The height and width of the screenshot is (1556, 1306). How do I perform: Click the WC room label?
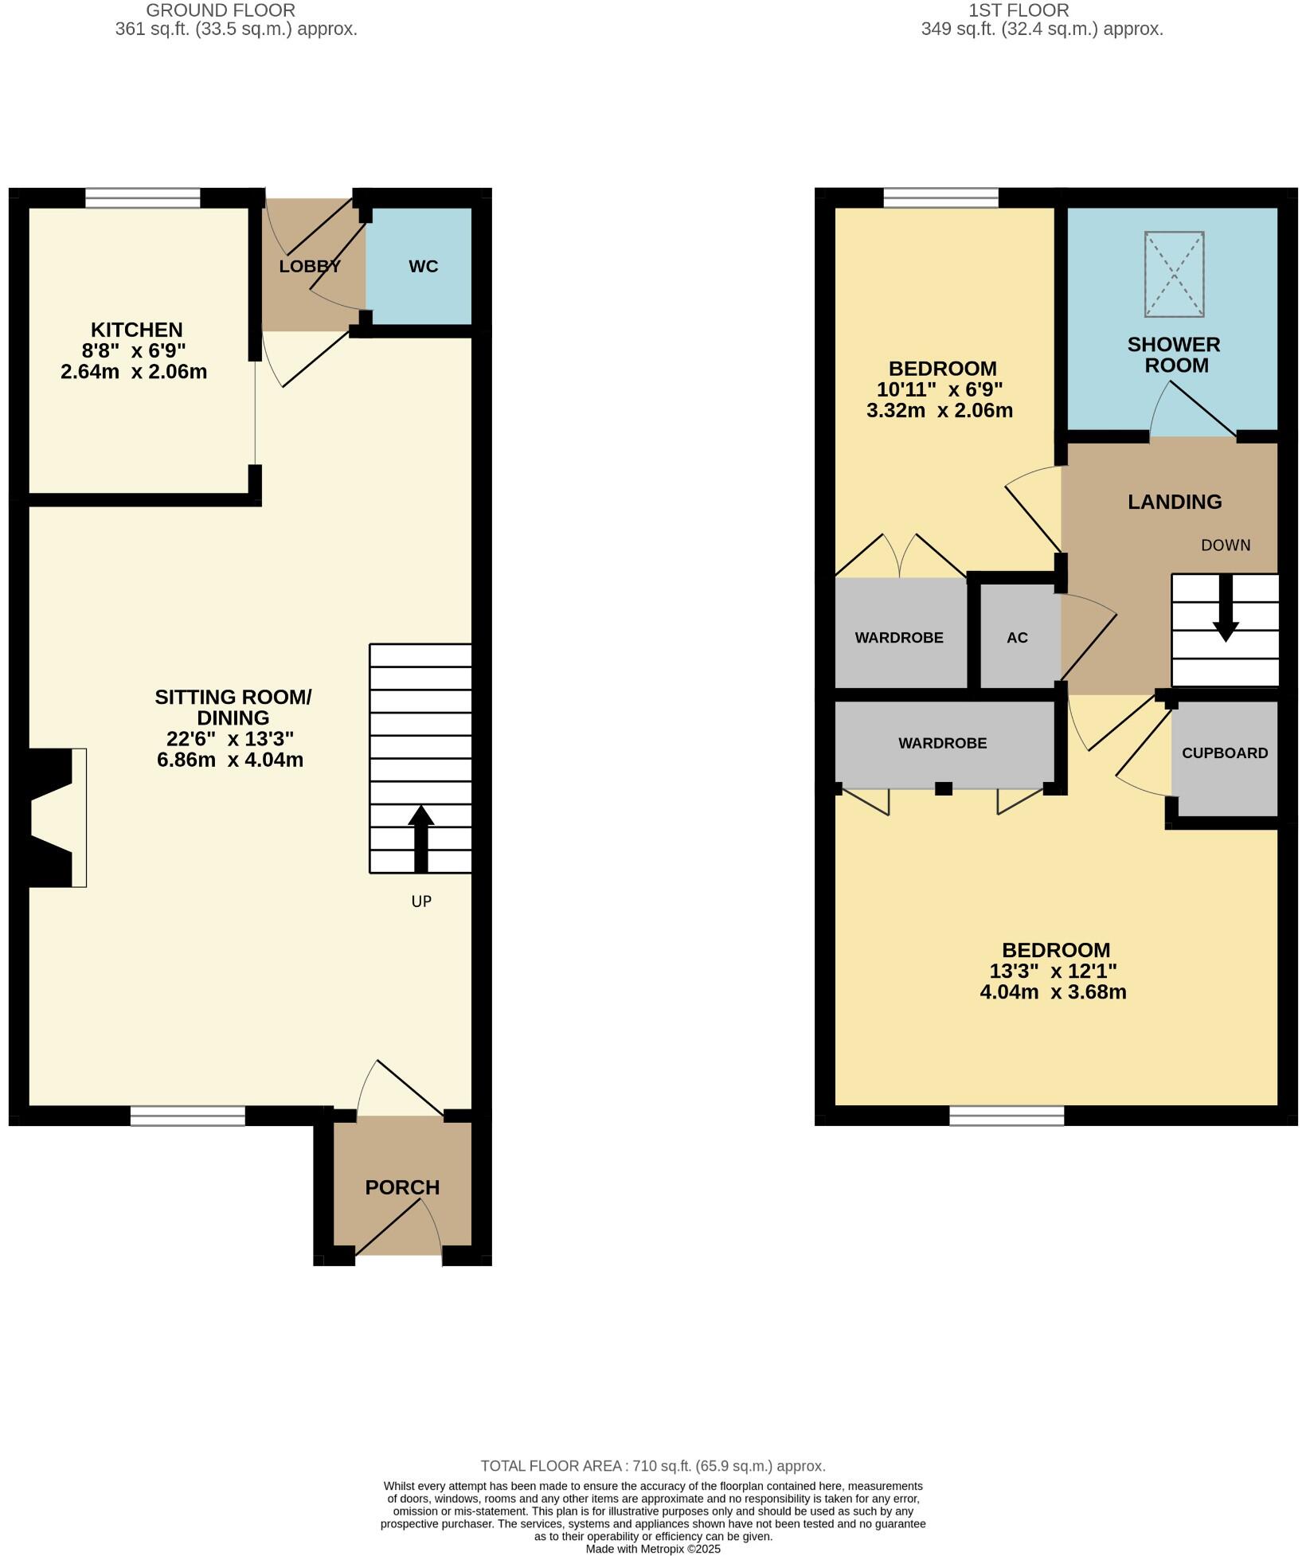tap(423, 267)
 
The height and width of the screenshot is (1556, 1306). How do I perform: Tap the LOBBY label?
tap(310, 267)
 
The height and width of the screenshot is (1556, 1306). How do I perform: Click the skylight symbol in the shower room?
tap(1174, 274)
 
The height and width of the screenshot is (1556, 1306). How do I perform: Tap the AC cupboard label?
tap(1017, 638)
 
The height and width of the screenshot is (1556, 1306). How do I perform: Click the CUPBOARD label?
tap(1225, 753)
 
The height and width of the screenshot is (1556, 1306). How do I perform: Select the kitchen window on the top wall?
tap(143, 197)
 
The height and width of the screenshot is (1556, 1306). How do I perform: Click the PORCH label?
tap(402, 1187)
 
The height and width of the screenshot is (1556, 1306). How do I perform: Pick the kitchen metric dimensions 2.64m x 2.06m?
tap(134, 372)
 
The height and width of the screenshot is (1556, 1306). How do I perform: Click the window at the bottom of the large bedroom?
tap(1007, 1116)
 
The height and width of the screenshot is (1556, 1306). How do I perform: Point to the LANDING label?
tap(1175, 502)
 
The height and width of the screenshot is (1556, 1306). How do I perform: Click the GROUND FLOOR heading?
tap(221, 10)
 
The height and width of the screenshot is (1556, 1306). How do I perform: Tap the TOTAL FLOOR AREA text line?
tap(653, 1466)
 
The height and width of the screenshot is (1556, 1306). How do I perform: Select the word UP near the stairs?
tap(421, 901)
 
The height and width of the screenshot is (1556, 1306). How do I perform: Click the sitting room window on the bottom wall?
tap(188, 1116)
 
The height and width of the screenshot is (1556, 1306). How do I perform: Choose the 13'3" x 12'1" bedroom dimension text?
tap(1053, 972)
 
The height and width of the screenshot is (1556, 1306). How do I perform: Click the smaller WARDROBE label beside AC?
tap(899, 638)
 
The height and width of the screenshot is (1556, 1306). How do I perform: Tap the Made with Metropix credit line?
tap(653, 1550)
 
